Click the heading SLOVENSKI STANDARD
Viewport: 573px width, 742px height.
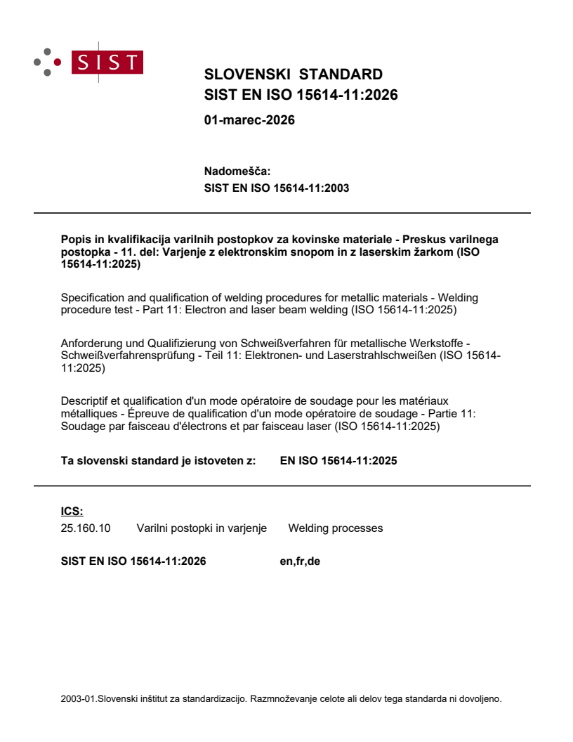point(293,74)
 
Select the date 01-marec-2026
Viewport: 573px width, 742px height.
point(249,119)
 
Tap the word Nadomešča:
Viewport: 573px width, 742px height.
point(237,171)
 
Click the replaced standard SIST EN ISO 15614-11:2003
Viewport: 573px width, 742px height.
point(276,188)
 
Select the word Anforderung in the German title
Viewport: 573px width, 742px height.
point(93,343)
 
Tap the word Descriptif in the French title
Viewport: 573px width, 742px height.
point(86,401)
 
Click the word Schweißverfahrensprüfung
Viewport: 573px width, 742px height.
point(126,356)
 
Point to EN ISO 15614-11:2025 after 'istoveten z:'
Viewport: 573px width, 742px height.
point(338,461)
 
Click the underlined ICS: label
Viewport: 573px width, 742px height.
point(72,512)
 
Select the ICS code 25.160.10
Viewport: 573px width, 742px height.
point(86,528)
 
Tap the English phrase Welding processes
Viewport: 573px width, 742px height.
point(335,528)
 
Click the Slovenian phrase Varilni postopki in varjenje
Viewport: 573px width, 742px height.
point(202,528)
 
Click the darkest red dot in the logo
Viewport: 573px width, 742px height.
point(58,62)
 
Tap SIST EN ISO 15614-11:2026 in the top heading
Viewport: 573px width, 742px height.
point(301,95)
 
